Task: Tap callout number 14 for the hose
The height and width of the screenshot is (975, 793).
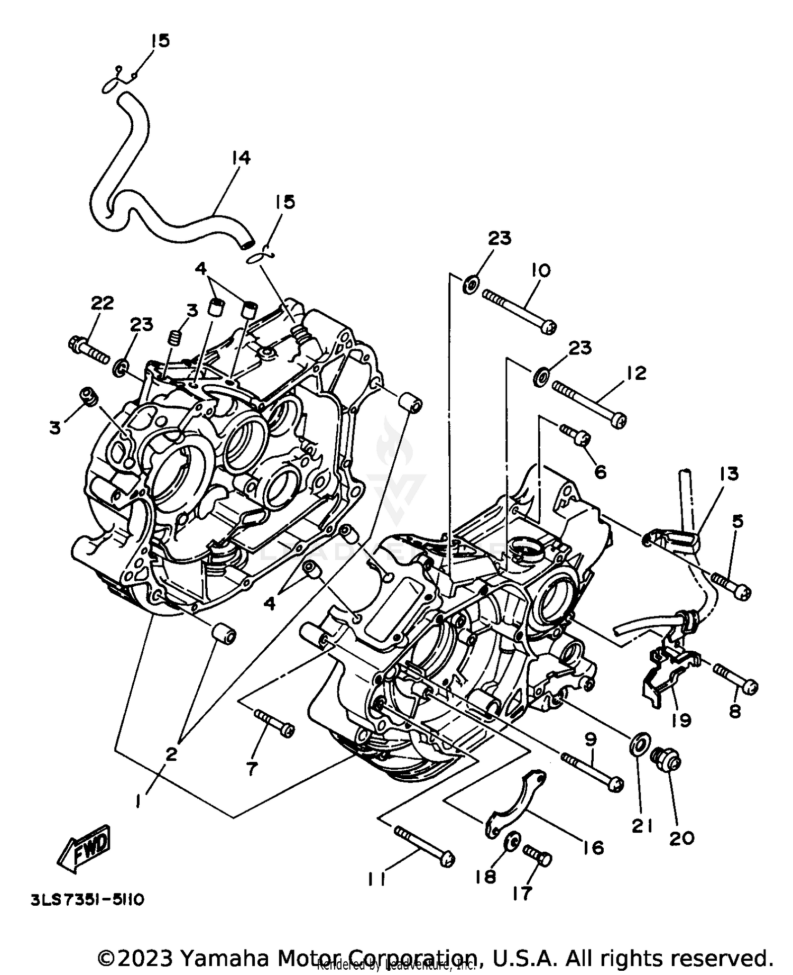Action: pyautogui.click(x=241, y=158)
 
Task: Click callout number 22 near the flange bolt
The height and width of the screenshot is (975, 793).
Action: pyautogui.click(x=103, y=303)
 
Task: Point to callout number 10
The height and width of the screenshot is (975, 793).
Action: pyautogui.click(x=541, y=270)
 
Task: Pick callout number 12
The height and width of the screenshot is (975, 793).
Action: pyautogui.click(x=637, y=373)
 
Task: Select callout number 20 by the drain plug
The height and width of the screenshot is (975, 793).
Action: pyautogui.click(x=681, y=837)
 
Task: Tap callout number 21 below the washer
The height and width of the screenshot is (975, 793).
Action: pyautogui.click(x=642, y=826)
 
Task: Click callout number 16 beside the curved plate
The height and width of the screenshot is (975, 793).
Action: pyautogui.click(x=594, y=848)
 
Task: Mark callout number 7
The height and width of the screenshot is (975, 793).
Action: pyautogui.click(x=252, y=768)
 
